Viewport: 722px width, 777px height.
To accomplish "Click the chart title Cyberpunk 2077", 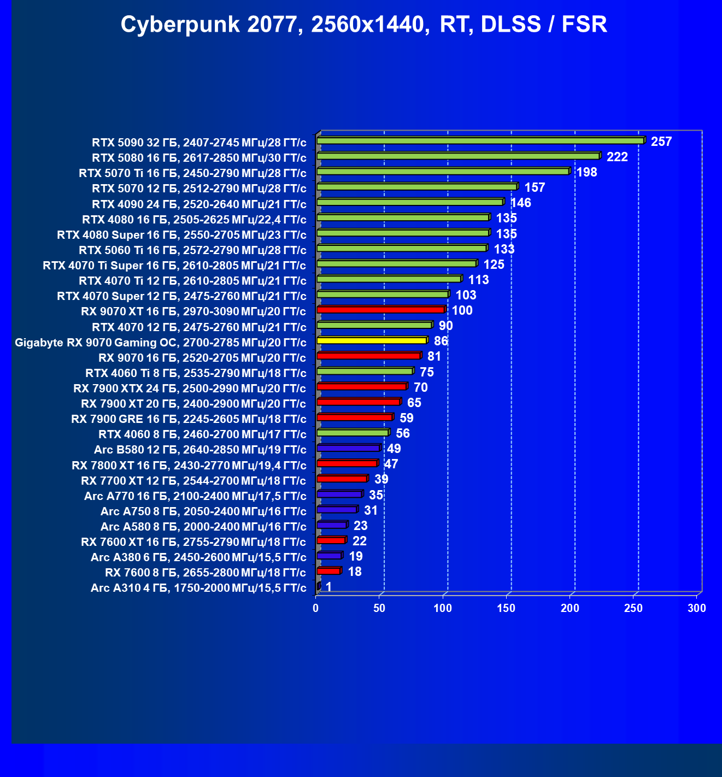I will [363, 25].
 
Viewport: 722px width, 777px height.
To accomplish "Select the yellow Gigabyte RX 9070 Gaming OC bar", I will [372, 340].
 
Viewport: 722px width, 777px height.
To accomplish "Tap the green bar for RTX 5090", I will [480, 141].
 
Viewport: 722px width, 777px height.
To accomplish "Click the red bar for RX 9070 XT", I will [381, 310].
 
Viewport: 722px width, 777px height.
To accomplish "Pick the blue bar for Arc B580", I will [348, 448].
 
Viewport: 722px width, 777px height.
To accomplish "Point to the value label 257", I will [661, 142].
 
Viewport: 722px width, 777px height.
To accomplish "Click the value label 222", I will [617, 157].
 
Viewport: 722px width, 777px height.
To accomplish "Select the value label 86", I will [441, 342].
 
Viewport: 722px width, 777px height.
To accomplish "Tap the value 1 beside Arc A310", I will [328, 587].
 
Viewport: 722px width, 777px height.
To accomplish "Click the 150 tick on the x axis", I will [507, 608].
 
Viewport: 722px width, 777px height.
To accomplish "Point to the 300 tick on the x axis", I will [697, 608].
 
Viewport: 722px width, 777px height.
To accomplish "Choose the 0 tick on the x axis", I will [316, 608].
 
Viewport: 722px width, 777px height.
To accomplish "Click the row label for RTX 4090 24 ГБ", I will [199, 204].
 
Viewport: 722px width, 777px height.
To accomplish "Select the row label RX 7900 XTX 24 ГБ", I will [190, 388].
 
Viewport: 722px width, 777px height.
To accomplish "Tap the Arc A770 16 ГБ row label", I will [195, 496].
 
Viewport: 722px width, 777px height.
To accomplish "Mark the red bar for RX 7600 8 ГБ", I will [328, 571].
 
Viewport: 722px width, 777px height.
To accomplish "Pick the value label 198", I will [586, 172].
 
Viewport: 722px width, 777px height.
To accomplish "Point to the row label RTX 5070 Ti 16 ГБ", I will [192, 174].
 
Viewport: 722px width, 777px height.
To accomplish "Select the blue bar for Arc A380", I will [329, 556].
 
